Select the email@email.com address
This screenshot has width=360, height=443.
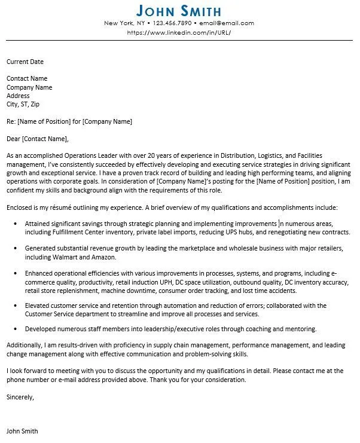(227, 23)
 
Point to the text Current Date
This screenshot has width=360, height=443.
(25, 62)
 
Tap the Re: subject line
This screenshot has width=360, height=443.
(69, 121)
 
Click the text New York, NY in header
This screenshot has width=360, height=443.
(124, 23)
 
